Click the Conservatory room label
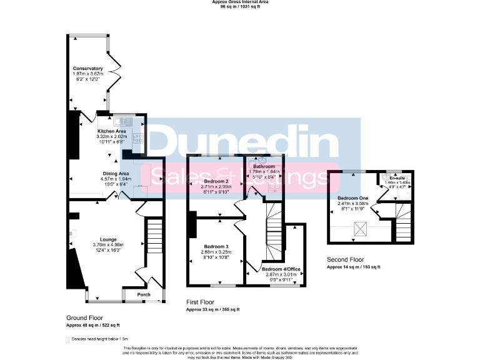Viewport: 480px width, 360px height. coord(87,68)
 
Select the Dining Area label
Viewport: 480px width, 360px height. coord(116,173)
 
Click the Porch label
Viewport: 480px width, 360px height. coord(144,294)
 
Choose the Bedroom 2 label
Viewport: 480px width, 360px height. coord(216,180)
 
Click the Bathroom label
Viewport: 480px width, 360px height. coord(264,167)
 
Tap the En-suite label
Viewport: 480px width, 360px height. coord(397,177)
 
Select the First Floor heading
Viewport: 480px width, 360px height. coord(204,302)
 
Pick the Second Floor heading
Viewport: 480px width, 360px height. coord(346,259)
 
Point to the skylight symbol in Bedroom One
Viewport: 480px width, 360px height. coord(361,229)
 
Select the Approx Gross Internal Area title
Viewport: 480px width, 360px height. coord(240,3)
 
